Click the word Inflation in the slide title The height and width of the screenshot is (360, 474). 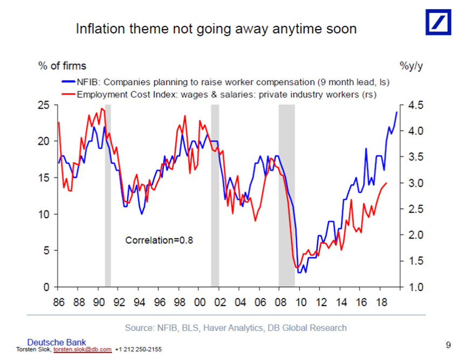tap(97, 29)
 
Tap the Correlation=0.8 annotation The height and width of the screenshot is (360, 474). tap(159, 240)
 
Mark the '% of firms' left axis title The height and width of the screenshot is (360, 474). tap(61, 66)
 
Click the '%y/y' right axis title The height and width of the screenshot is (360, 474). tap(411, 66)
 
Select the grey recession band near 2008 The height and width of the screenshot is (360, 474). tap(286, 194)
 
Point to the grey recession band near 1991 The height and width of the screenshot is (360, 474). tap(108, 194)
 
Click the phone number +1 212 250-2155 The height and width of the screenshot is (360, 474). tap(138, 350)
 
